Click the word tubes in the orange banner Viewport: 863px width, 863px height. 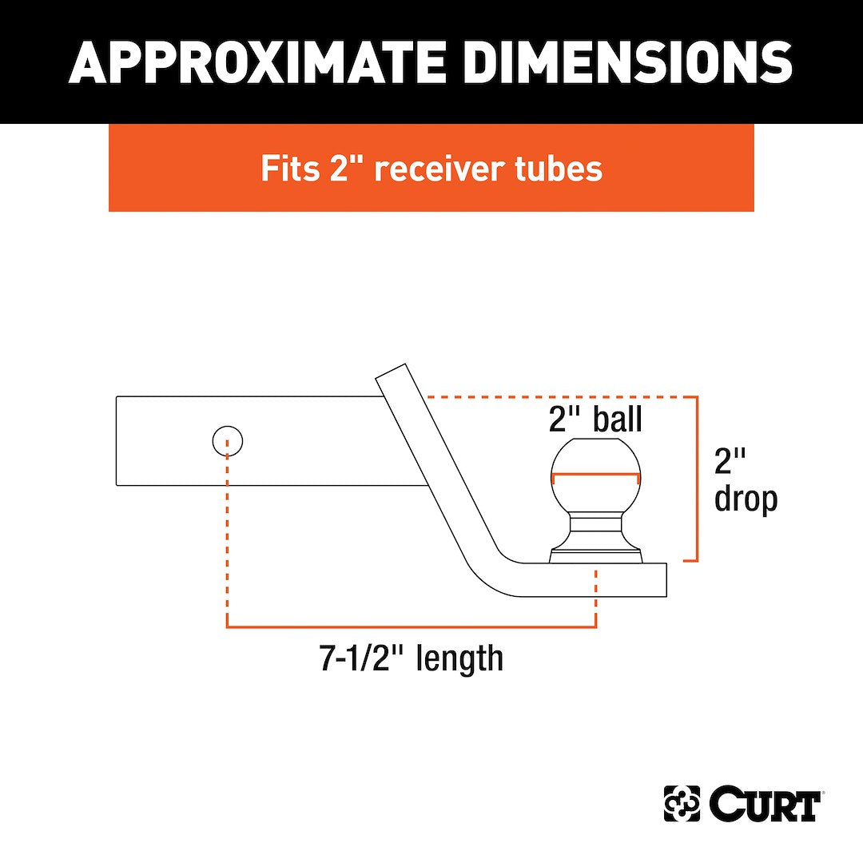(563, 169)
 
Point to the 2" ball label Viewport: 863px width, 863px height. (595, 420)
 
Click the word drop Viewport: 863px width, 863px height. (746, 500)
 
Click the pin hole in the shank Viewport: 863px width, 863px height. (228, 440)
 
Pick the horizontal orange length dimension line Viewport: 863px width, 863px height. (412, 626)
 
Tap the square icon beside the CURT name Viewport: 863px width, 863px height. (682, 804)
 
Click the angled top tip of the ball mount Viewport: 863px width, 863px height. (392, 371)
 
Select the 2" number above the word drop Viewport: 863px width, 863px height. (730, 461)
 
